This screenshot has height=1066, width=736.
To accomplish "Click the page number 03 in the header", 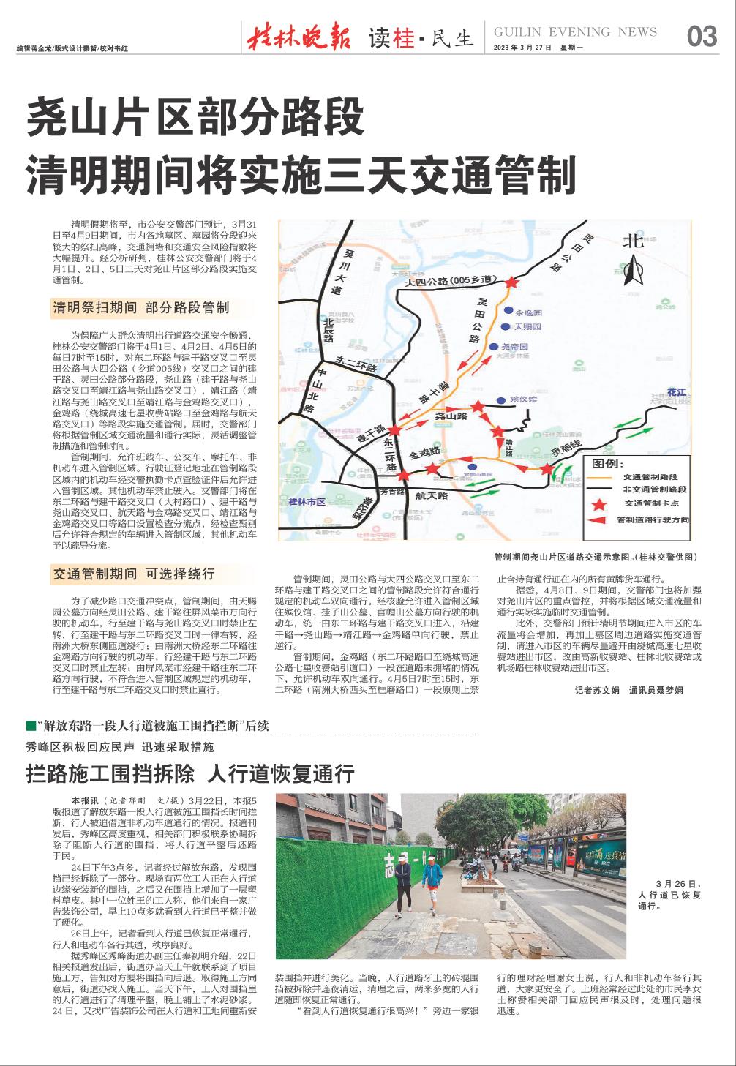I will [702, 36].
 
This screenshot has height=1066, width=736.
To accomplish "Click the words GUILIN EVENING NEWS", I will [576, 31].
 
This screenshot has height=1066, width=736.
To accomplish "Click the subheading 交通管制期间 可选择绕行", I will [133, 574].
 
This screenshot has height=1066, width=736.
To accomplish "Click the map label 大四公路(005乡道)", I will [452, 280].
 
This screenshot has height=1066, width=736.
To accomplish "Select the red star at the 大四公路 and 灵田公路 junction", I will [511, 282].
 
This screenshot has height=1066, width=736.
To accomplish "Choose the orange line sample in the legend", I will [601, 476].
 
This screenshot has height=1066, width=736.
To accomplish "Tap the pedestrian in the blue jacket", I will [432, 888].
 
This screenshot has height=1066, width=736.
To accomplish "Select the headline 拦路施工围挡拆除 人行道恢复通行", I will [190, 773].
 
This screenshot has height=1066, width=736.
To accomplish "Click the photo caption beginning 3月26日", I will [669, 894].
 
